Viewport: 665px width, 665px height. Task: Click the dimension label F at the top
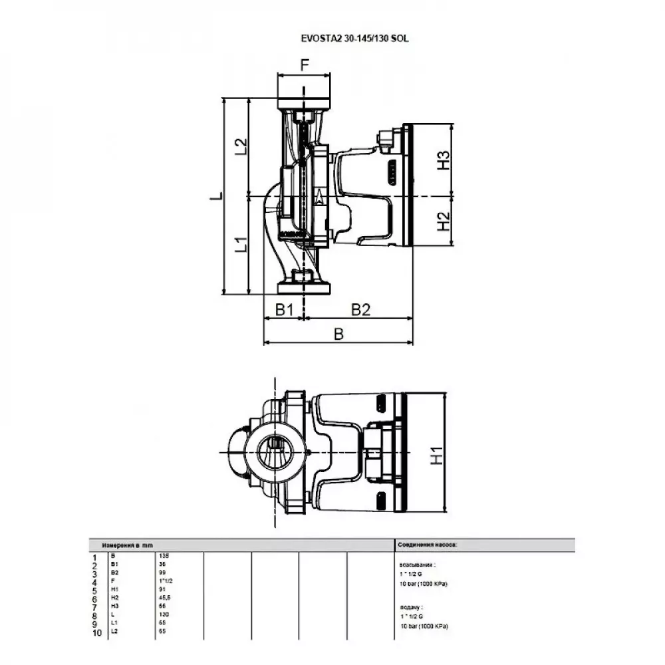pos(305,65)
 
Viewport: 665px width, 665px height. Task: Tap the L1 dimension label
pos(241,245)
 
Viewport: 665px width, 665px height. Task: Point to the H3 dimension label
pos(444,160)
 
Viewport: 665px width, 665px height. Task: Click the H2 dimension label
pos(444,221)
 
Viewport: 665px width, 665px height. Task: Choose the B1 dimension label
pos(285,310)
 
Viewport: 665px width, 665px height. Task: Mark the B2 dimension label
pos(360,310)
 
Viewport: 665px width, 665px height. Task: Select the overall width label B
pos(338,334)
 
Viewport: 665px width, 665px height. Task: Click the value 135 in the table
pos(164,555)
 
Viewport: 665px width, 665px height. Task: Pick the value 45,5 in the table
pos(166,597)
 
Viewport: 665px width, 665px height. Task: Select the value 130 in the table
pos(164,614)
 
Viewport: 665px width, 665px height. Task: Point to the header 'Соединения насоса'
pos(427,545)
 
